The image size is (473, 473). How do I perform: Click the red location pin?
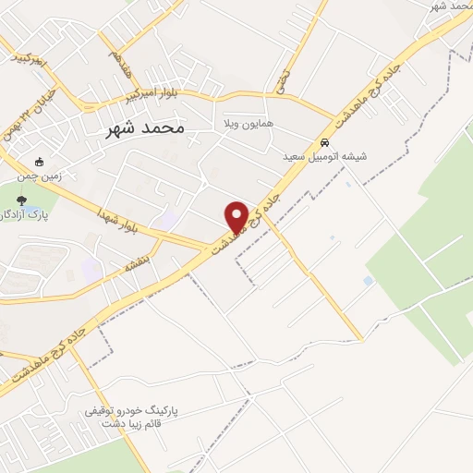pos(236,217)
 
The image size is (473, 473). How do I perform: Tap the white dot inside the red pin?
pos(236,212)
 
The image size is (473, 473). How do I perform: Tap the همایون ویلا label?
pos(245,123)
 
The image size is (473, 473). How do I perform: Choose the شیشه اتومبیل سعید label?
pos(325,157)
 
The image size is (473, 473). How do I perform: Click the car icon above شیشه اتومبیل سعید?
pos(324,143)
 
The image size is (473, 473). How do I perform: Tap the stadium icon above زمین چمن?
pos(39,160)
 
